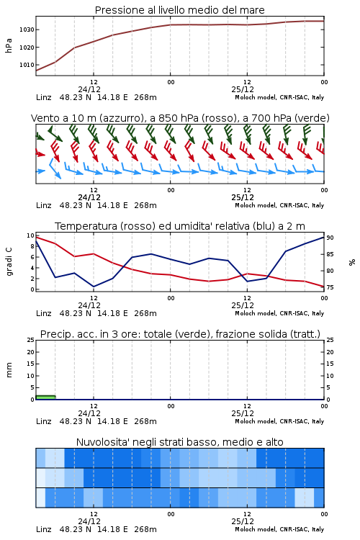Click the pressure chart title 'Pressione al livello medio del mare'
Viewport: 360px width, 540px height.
[x=179, y=10]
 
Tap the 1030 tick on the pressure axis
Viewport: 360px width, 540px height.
[x=27, y=30]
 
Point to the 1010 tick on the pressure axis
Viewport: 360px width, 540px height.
[x=27, y=65]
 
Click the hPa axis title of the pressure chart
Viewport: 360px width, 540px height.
[x=9, y=45]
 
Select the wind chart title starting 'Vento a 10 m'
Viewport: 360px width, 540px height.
[x=180, y=118]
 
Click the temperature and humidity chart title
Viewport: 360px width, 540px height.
[x=180, y=226]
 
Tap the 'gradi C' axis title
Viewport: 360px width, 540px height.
[x=9, y=262]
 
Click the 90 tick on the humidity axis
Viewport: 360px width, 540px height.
[x=330, y=238]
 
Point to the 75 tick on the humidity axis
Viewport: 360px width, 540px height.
[x=330, y=287]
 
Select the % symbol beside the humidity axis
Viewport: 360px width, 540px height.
[x=352, y=262]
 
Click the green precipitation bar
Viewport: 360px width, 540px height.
[x=45, y=397]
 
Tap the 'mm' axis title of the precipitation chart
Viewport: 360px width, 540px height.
[x=9, y=370]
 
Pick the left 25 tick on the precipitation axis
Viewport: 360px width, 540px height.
[x=31, y=340]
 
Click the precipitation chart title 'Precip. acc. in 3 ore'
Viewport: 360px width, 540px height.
[x=180, y=334]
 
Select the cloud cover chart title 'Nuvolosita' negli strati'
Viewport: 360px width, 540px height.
[x=179, y=442]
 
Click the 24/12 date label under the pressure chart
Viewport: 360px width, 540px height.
[x=89, y=89]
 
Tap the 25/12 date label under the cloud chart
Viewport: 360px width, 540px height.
[x=243, y=521]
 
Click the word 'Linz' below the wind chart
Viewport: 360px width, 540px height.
[x=44, y=205]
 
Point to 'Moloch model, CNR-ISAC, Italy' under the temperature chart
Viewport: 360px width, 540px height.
[x=279, y=313]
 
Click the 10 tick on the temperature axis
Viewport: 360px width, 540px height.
[x=31, y=235]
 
